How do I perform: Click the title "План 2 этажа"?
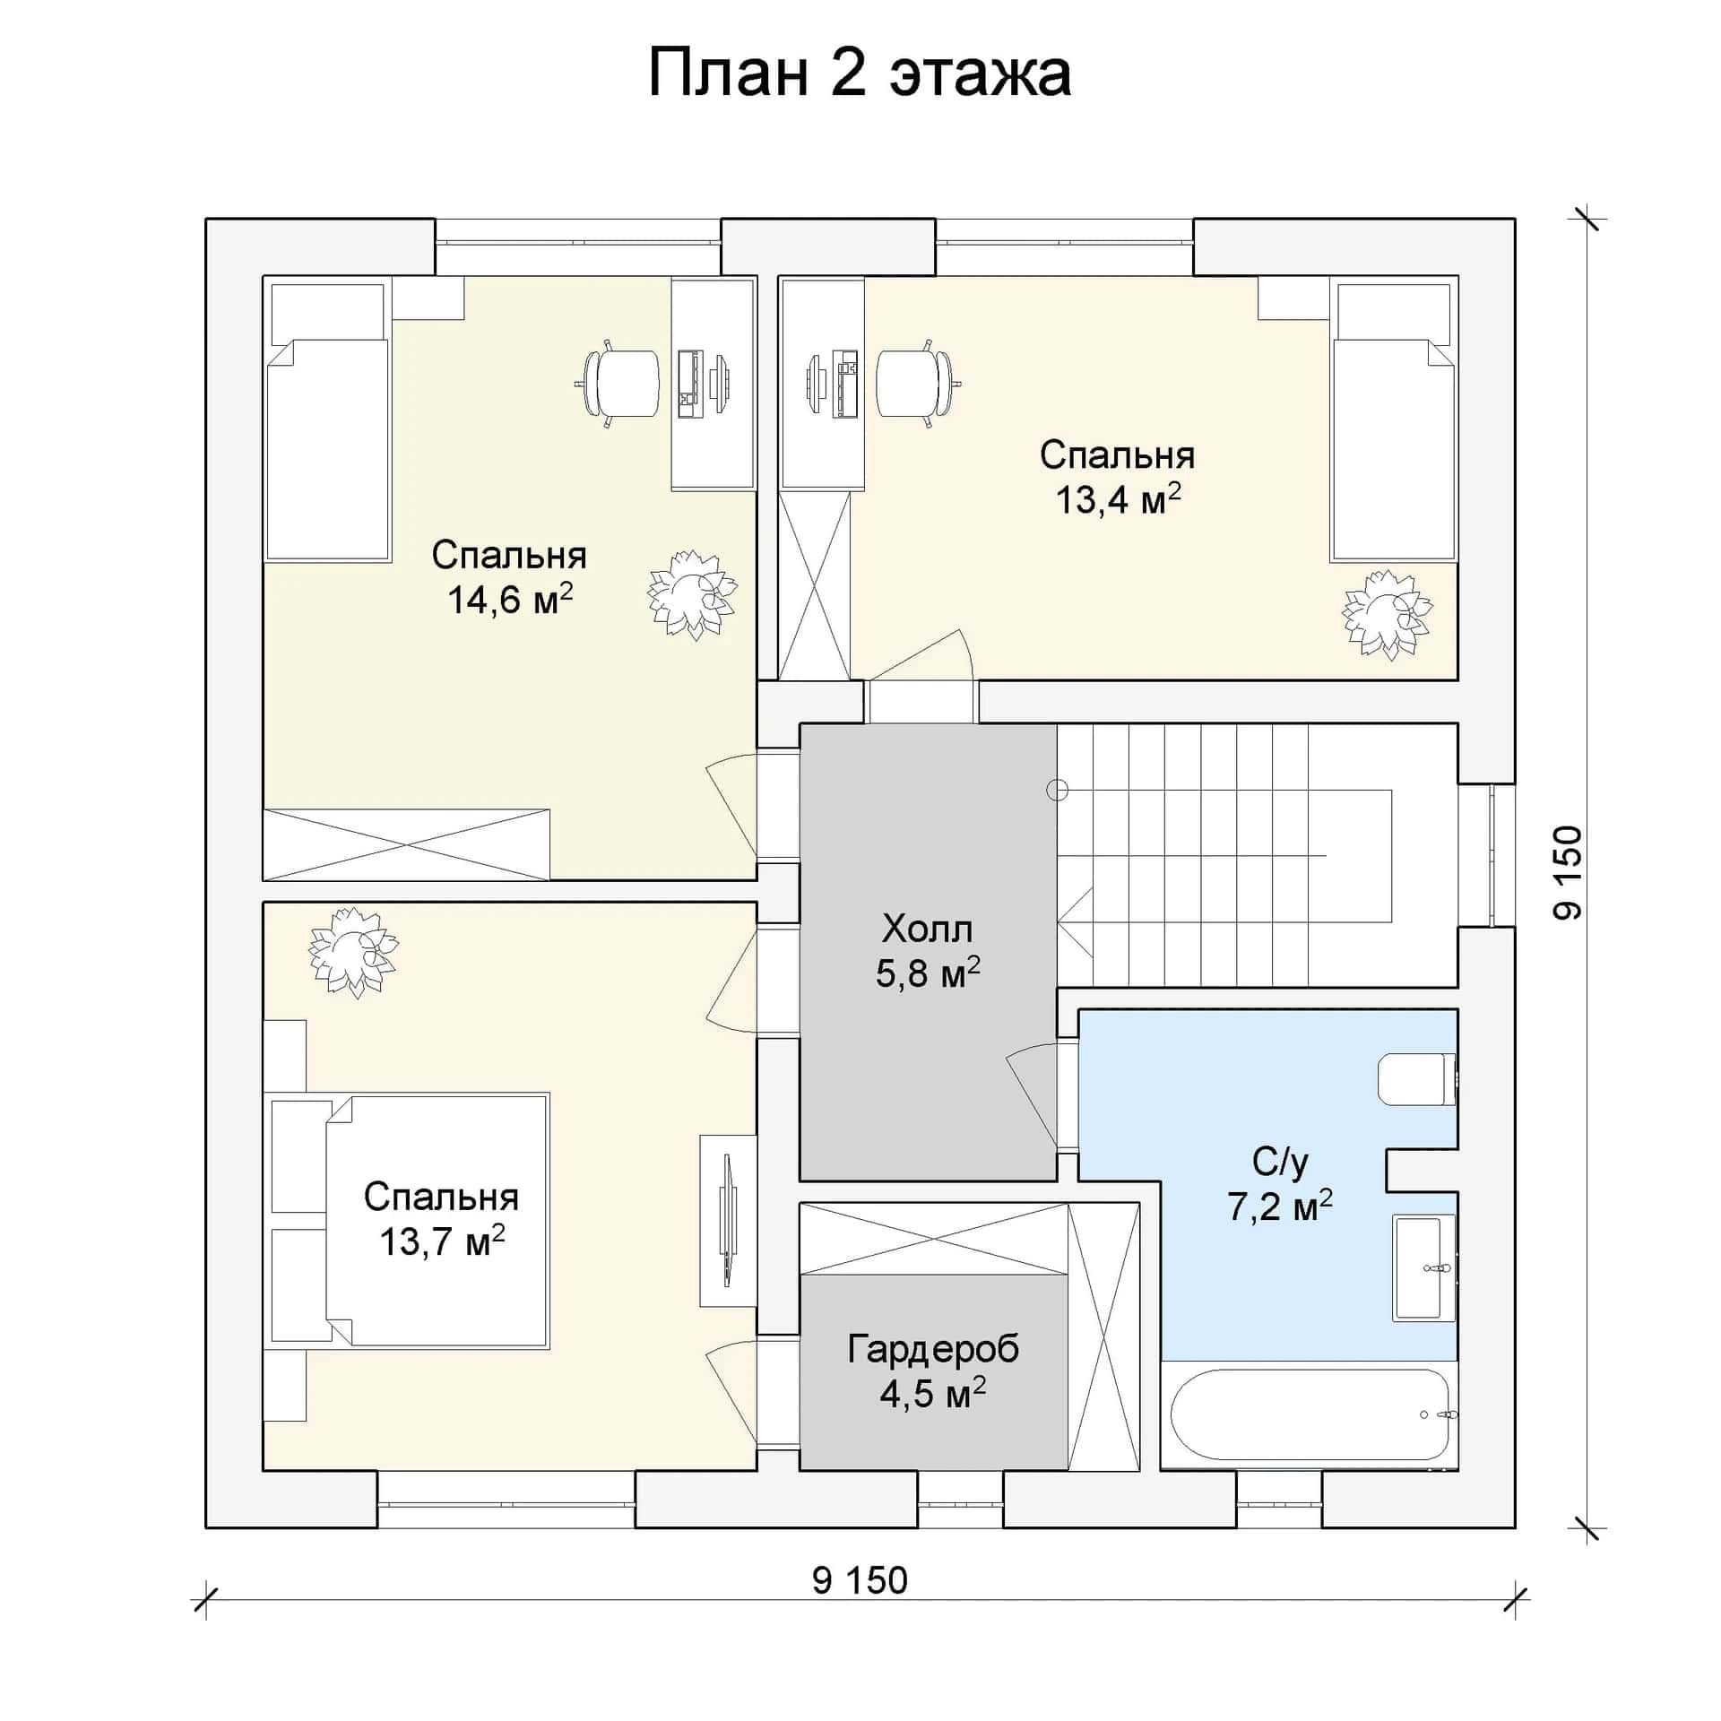coord(859,74)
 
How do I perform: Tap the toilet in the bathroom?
coord(1416,1080)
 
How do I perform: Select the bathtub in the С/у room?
coord(1310,1414)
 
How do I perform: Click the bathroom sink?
coord(1423,1267)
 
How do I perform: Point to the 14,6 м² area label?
coord(510,599)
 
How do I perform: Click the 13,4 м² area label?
coord(1118,499)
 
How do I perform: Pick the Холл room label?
coord(927,929)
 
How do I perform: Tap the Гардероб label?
coord(933,1349)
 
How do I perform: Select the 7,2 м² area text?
coord(1280,1206)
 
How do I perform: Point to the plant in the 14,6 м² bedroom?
coord(692,594)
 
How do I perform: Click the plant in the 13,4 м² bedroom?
coord(1386,615)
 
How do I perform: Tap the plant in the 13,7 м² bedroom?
coord(353,952)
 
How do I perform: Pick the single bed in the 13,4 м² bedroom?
coord(1393,421)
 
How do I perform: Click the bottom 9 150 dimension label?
coord(860,1580)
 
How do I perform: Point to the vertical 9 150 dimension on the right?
coord(1568,872)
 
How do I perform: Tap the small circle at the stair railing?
coord(1058,790)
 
